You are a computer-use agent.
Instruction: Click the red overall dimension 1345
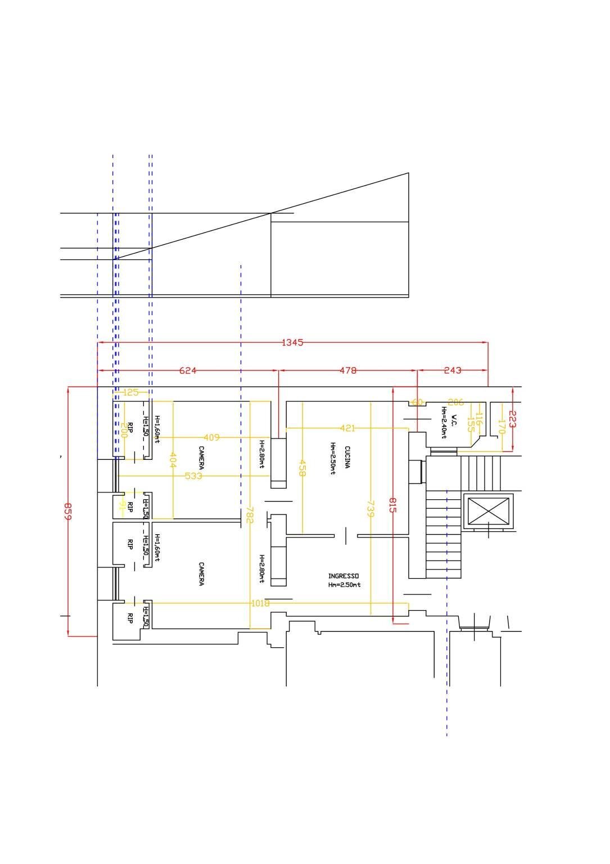(x=292, y=342)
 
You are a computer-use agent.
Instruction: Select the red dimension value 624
(x=188, y=370)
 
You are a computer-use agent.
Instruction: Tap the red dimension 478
(x=348, y=370)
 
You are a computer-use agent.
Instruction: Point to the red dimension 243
(x=453, y=370)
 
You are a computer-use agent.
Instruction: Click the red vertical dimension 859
(x=67, y=511)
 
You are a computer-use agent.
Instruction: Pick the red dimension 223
(x=512, y=419)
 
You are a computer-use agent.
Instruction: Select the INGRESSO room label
(x=344, y=576)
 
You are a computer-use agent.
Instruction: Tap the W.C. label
(x=454, y=421)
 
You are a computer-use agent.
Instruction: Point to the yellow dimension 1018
(x=260, y=603)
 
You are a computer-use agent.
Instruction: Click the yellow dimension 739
(x=370, y=509)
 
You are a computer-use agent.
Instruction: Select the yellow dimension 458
(x=302, y=468)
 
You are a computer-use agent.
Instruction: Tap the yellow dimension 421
(x=348, y=428)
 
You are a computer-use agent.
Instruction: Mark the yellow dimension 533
(x=193, y=476)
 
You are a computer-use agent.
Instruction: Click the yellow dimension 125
(x=130, y=392)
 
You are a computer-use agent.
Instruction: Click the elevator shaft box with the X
(x=488, y=511)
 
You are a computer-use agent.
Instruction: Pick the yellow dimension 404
(x=173, y=460)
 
